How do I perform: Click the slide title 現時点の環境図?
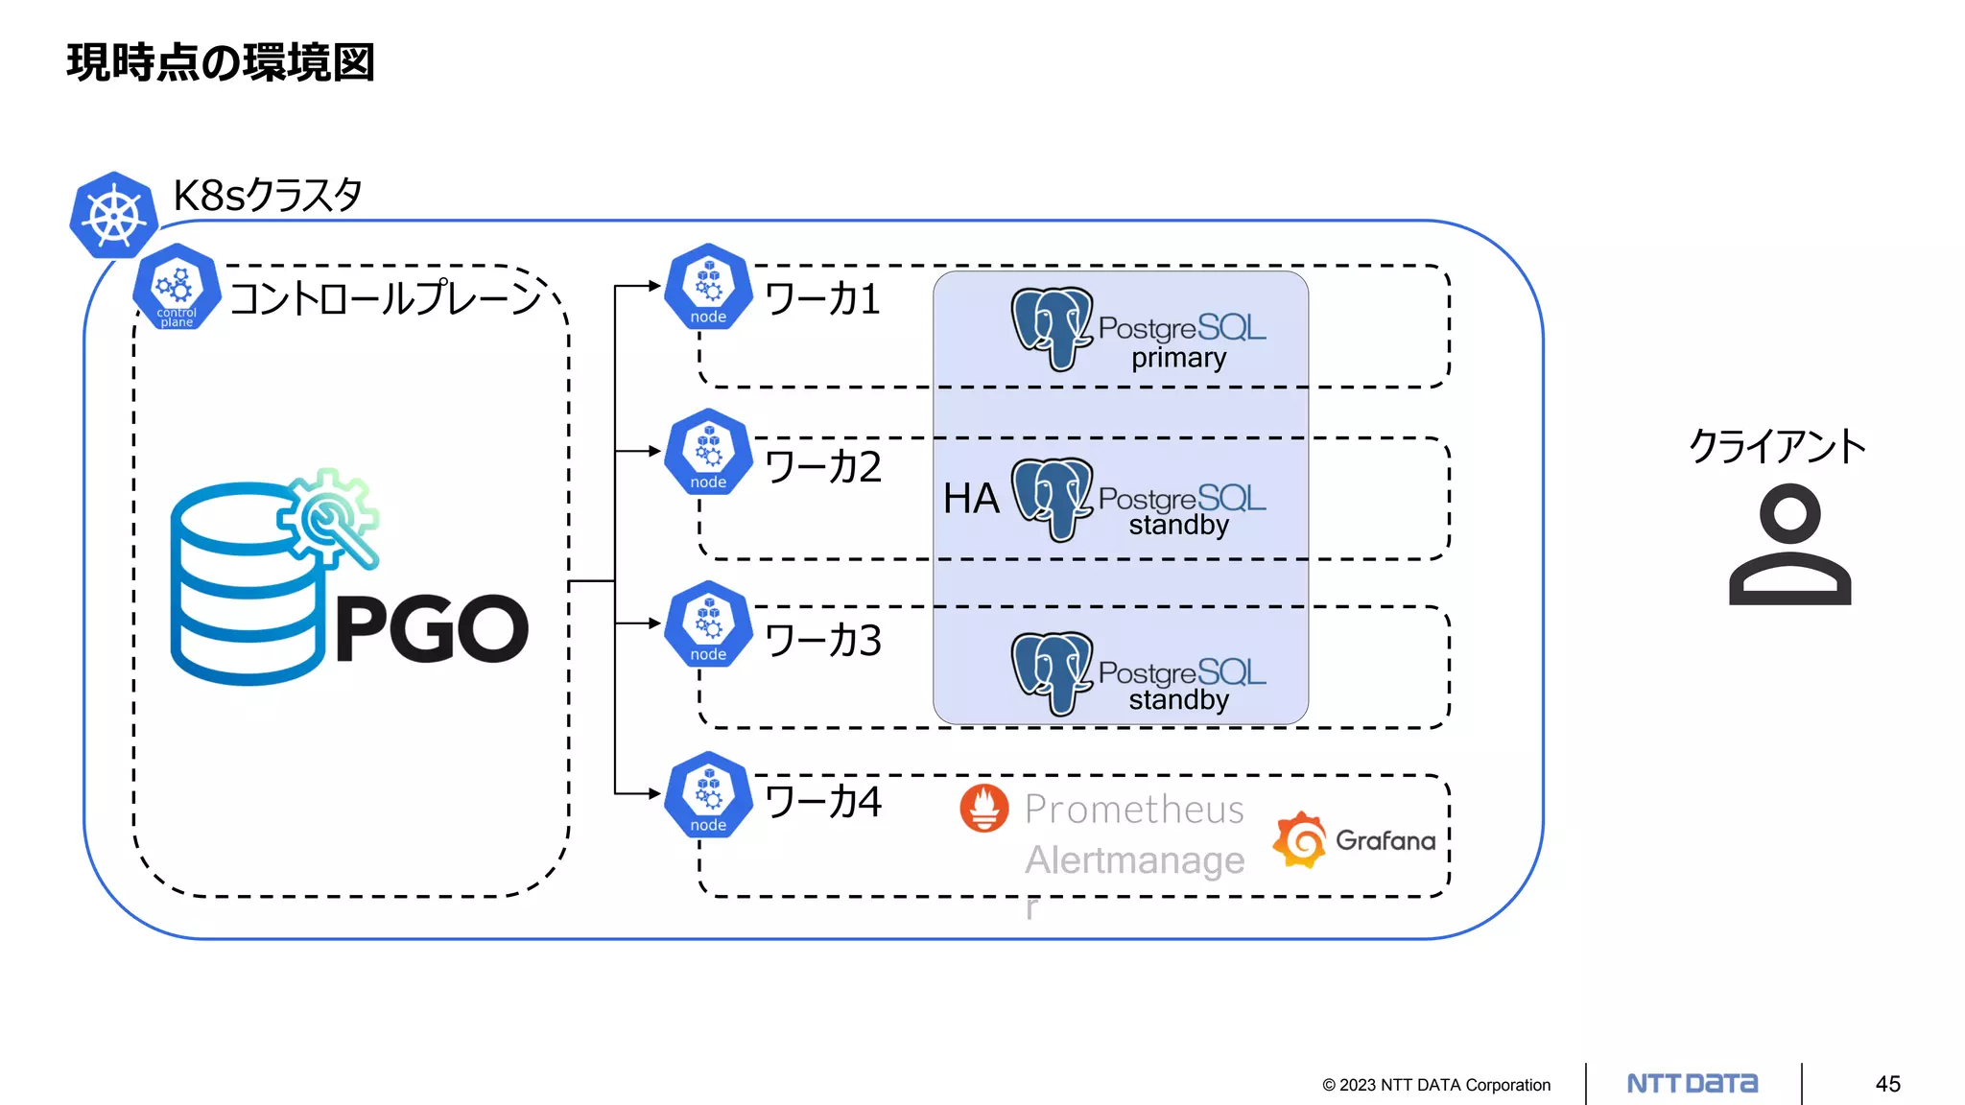(220, 63)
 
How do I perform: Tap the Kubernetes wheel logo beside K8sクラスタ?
(113, 216)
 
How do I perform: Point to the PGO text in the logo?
(432, 629)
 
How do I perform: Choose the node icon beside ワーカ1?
(708, 287)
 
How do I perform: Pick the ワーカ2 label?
(822, 467)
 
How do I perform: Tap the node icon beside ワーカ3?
(708, 624)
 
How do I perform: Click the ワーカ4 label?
(822, 802)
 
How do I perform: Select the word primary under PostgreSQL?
(1178, 359)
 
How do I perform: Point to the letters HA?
(971, 499)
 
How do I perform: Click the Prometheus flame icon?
(984, 808)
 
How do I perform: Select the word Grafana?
(1385, 841)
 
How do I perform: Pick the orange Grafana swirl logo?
(1300, 840)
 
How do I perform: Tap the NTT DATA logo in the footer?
(1693, 1084)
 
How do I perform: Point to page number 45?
(1887, 1084)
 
